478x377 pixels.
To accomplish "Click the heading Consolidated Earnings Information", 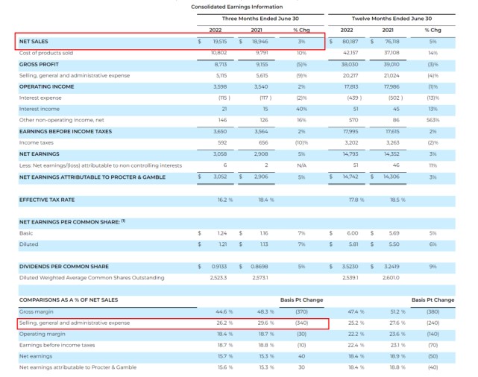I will pos(236,7).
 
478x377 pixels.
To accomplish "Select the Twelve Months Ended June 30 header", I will pos(391,19).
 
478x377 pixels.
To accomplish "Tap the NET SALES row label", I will pos(34,42).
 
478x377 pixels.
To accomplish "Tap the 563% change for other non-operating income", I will pos(433,119).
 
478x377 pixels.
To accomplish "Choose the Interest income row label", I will pos(40,109).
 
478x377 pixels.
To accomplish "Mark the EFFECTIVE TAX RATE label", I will pos(46,200).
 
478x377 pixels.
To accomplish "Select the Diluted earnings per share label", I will pos(29,244).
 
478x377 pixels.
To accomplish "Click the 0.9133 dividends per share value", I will pos(218,267).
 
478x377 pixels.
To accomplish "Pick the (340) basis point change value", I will pos(301,323).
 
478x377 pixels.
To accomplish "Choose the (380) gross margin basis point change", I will pos(433,311).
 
